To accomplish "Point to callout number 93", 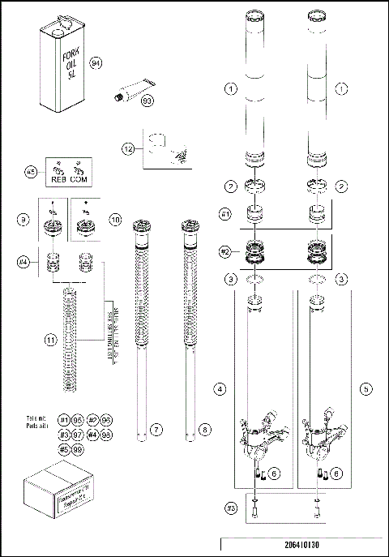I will (147, 101).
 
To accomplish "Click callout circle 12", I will (128, 148).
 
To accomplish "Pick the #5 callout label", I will (32, 172).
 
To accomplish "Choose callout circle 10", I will (115, 220).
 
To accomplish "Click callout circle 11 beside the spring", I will (50, 341).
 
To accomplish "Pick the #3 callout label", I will (230, 509).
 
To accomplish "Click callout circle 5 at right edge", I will (367, 389).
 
